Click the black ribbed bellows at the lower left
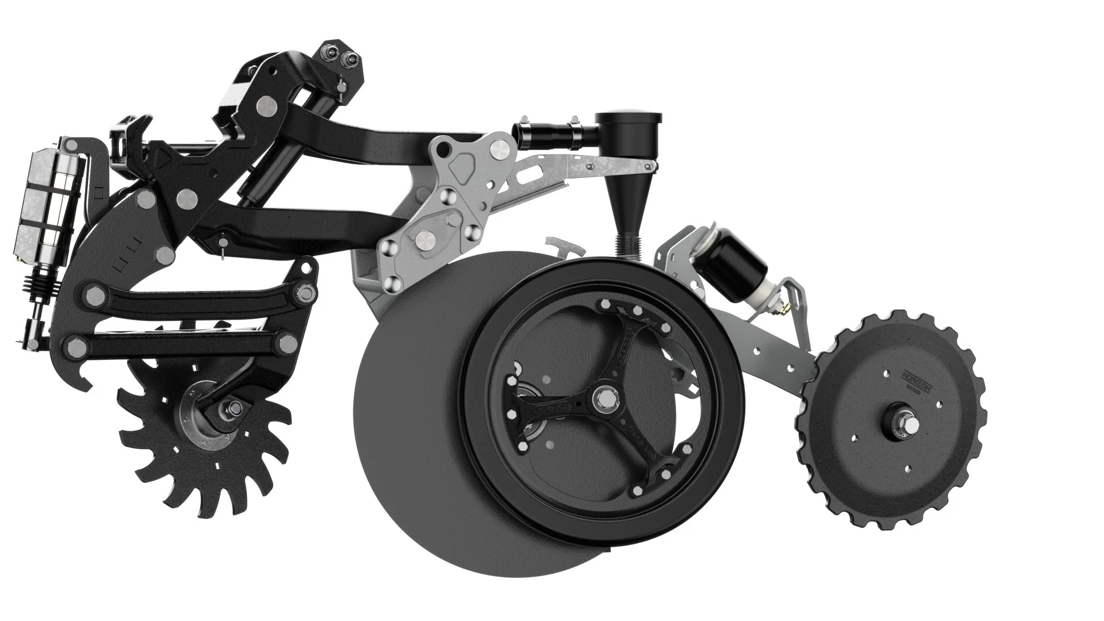[44, 282]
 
